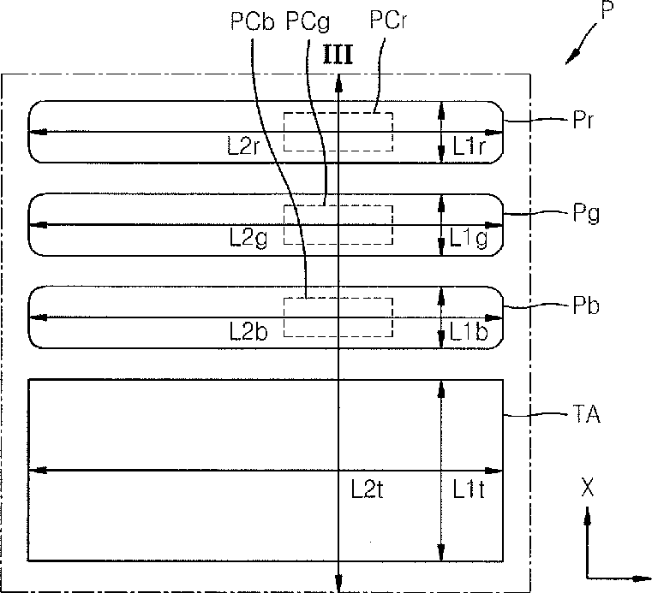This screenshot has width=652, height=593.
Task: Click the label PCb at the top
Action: click(x=253, y=21)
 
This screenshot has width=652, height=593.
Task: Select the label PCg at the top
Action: click(x=308, y=21)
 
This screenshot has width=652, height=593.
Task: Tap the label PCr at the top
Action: click(x=388, y=20)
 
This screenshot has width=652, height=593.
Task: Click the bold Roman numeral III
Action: click(x=338, y=56)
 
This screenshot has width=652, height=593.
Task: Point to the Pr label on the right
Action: click(x=583, y=120)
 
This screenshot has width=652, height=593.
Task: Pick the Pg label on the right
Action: click(x=586, y=213)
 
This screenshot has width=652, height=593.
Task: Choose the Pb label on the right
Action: click(x=586, y=305)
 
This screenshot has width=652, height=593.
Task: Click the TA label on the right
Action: click(x=586, y=413)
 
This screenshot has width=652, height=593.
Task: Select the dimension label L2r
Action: click(x=243, y=145)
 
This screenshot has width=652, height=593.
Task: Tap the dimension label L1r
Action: click(x=468, y=145)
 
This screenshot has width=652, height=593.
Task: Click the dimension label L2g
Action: click(x=248, y=239)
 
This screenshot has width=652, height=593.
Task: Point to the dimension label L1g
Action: click(x=469, y=239)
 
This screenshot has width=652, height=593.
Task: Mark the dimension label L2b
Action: click(x=248, y=331)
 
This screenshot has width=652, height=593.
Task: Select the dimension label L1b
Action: click(x=469, y=331)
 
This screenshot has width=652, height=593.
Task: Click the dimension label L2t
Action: click(x=367, y=489)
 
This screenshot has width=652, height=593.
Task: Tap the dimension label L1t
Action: click(x=468, y=489)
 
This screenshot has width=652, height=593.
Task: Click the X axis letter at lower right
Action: click(x=587, y=487)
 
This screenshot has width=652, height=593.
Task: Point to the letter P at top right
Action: click(x=607, y=9)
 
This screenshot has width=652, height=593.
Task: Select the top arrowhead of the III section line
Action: click(x=339, y=82)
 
